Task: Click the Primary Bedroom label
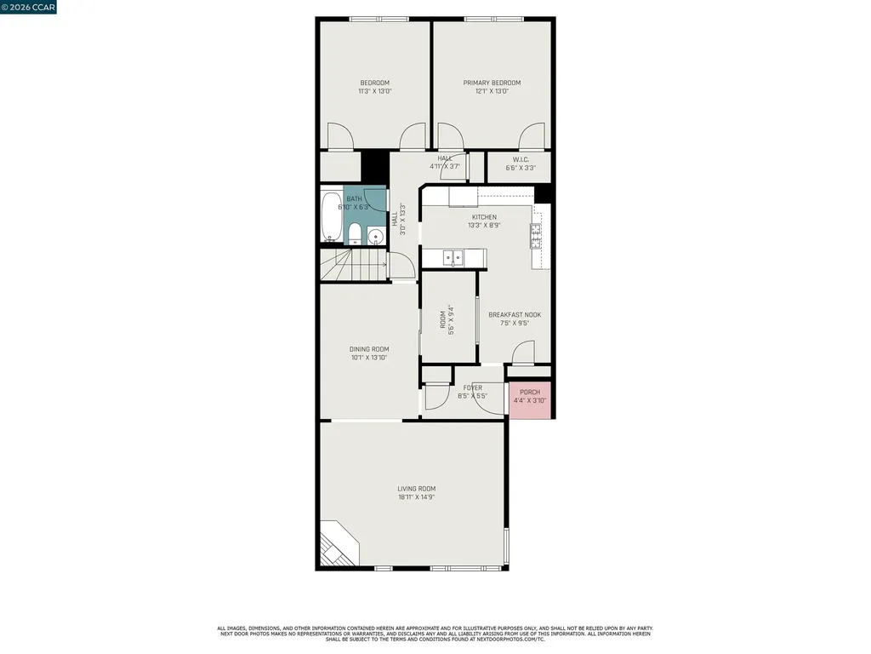(x=492, y=83)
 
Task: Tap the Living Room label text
(x=417, y=489)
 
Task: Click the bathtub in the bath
(x=331, y=219)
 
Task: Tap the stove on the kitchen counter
(x=537, y=235)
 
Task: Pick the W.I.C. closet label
(x=521, y=159)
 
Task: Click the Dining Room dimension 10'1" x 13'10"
(x=369, y=358)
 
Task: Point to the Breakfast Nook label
(x=515, y=315)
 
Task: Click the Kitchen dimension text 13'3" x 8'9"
(x=484, y=226)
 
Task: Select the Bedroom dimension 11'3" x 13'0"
(x=374, y=91)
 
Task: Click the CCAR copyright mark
(x=28, y=7)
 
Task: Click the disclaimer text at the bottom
(x=435, y=634)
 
